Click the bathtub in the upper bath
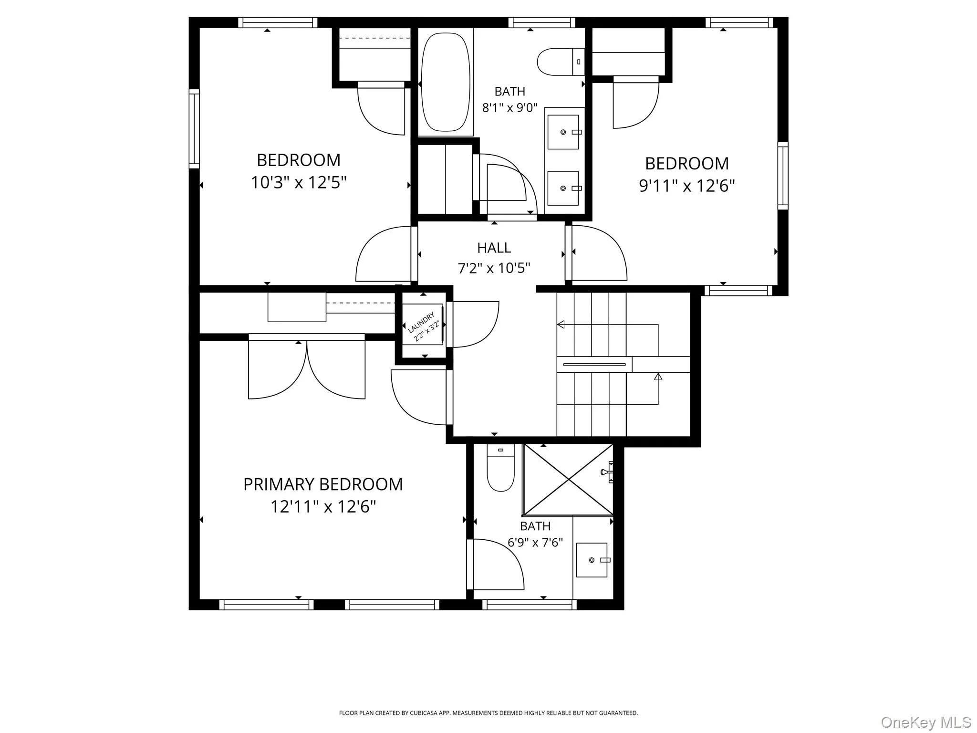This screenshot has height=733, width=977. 446,82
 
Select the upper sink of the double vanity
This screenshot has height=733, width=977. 563,132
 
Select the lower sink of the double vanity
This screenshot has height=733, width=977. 563,188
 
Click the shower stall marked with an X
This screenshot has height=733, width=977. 568,480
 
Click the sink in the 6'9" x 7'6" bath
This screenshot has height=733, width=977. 592,560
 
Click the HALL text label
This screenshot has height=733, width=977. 494,248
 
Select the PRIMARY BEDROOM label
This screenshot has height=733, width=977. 323,484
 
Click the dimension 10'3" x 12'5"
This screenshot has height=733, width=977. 299,182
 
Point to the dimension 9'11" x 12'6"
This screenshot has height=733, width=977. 686,186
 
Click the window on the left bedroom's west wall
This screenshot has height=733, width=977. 194,129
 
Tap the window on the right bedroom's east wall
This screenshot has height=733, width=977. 782,175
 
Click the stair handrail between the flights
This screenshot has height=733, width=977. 594,365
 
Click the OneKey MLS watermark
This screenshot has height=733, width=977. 925,723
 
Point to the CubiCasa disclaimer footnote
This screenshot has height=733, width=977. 488,713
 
